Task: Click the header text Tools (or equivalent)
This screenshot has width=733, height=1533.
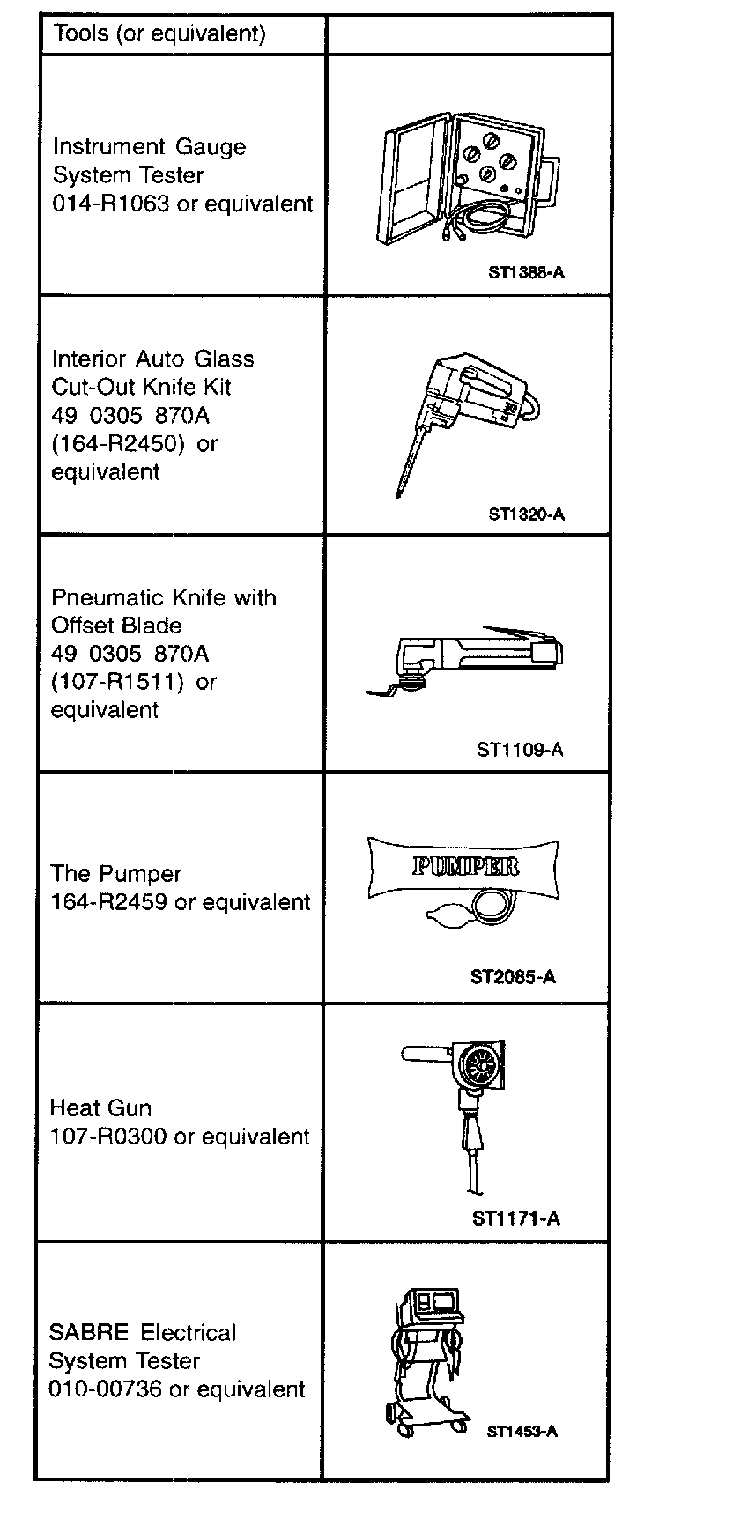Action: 159,34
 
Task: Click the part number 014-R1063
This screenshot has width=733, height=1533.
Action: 110,204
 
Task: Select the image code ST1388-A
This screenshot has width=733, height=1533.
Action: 526,272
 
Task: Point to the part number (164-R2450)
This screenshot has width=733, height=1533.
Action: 119,443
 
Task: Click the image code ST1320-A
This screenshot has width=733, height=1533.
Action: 526,514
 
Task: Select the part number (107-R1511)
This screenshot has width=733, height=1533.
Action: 118,682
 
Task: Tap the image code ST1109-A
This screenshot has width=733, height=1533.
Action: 520,750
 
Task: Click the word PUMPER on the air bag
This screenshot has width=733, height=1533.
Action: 465,866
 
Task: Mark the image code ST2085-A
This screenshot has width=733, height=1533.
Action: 513,977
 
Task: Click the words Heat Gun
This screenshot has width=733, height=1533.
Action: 100,1107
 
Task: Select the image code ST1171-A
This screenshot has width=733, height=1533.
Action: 515,1218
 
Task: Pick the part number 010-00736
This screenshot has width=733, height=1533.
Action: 106,1389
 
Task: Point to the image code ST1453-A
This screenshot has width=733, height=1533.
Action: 522,1431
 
